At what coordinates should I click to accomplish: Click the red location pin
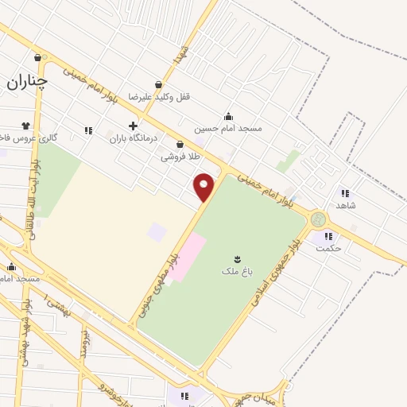tap(204, 188)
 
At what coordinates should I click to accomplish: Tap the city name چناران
tap(28, 80)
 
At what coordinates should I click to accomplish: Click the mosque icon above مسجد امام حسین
tap(229, 116)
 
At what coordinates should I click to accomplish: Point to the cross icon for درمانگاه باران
tap(133, 126)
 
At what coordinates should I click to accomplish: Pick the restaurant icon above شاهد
tap(345, 192)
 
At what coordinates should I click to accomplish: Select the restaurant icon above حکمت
tap(328, 235)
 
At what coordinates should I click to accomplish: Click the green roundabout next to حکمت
tap(319, 219)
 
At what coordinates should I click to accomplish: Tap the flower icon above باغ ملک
tap(237, 259)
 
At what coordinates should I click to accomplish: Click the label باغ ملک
tap(237, 271)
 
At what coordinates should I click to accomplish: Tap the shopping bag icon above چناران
tap(38, 57)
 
